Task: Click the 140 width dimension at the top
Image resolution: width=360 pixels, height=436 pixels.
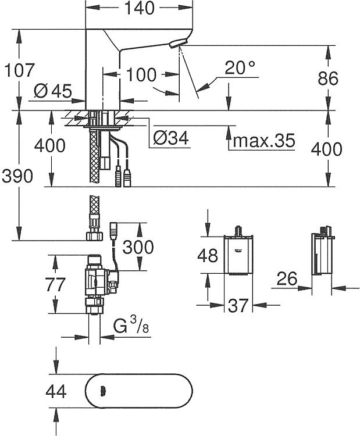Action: (x=139, y=8)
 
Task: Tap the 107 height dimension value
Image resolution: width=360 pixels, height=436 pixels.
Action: (x=19, y=70)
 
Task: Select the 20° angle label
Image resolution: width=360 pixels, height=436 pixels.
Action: (x=240, y=67)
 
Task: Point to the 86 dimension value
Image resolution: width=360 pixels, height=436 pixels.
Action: (x=328, y=78)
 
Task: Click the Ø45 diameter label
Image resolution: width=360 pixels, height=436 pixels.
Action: (x=52, y=91)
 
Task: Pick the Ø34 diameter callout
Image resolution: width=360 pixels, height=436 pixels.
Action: (x=171, y=137)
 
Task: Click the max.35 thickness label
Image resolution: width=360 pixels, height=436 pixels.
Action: (x=263, y=141)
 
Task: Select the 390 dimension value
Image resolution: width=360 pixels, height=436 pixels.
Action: (x=17, y=176)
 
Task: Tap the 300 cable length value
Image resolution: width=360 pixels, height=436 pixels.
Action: (x=138, y=247)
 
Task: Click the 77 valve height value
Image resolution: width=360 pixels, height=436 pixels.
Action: (x=55, y=284)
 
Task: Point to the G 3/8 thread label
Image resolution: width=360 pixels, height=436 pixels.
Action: (x=131, y=326)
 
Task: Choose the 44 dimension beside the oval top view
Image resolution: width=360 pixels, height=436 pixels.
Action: (x=56, y=391)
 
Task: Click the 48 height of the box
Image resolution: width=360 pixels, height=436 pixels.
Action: (x=208, y=255)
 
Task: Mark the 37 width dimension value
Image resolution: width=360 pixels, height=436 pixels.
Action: (x=238, y=306)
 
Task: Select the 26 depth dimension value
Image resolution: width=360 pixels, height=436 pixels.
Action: (x=287, y=278)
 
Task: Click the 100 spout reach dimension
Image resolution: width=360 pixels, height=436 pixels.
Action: (x=141, y=74)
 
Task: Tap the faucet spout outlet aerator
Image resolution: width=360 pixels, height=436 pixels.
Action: (x=179, y=44)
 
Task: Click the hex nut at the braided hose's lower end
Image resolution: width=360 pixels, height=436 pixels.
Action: (x=95, y=237)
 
